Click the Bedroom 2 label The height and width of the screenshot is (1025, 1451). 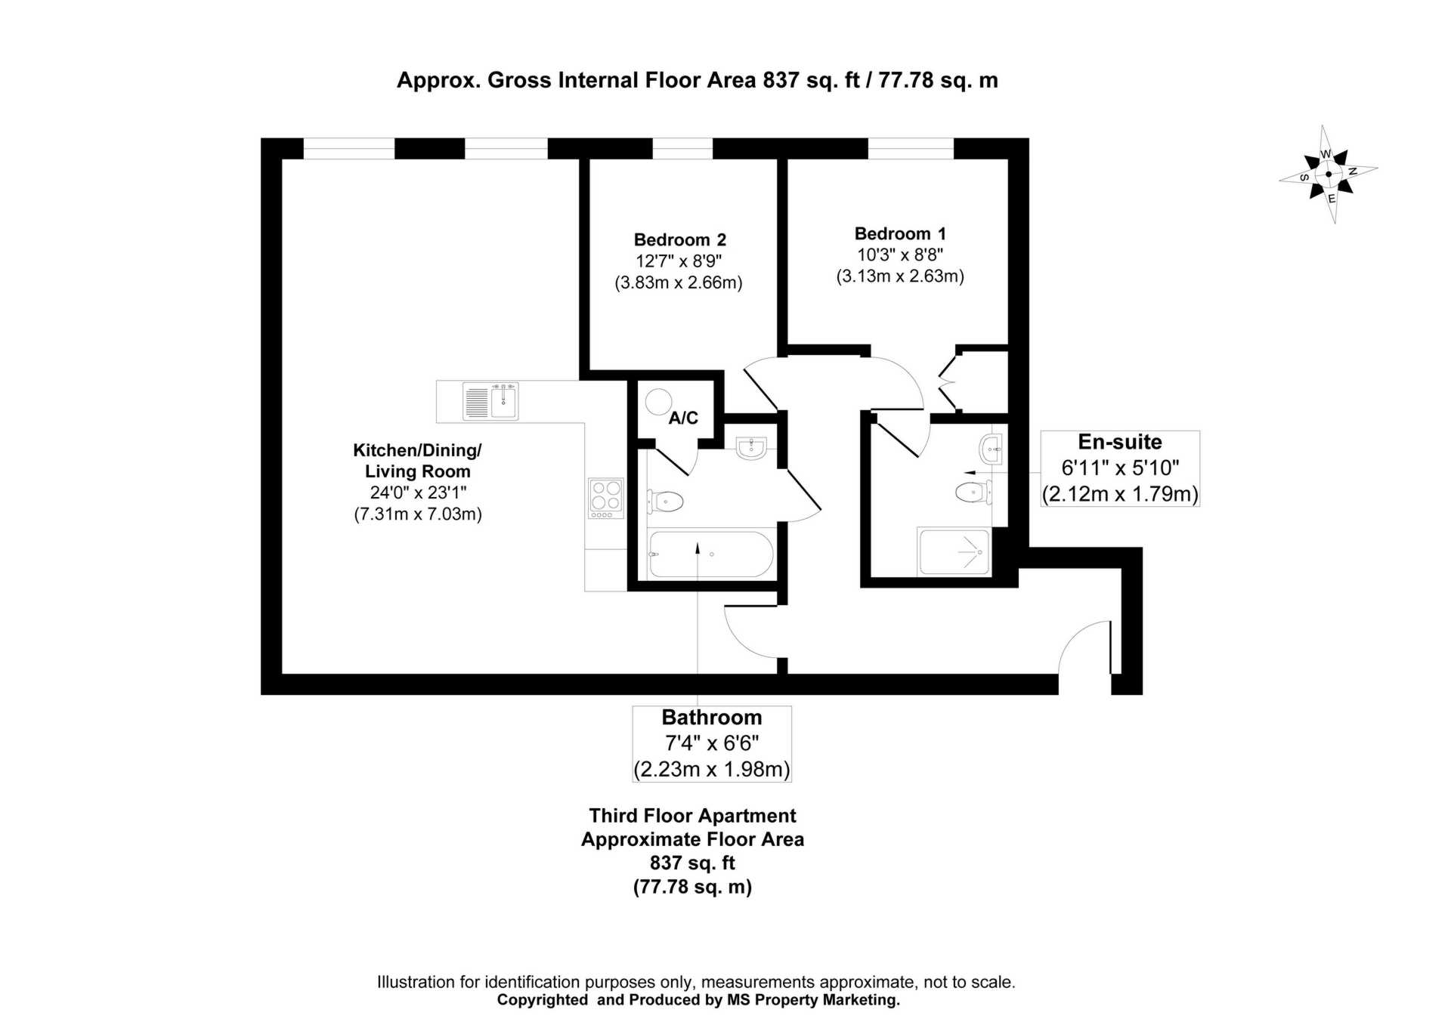680,240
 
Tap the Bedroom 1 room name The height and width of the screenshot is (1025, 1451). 900,234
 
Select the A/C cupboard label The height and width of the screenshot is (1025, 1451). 683,418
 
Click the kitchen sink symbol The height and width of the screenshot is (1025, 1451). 490,400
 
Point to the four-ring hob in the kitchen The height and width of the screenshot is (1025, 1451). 606,499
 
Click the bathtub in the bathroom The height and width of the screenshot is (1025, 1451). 710,554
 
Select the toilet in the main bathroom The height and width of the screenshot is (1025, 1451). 665,501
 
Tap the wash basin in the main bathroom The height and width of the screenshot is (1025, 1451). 751,448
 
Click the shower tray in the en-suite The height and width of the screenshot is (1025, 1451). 954,551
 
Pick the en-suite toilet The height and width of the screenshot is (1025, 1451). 973,492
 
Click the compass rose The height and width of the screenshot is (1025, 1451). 1329,174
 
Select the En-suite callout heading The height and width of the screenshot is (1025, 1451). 1120,442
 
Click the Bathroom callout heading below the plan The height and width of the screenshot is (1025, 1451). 712,718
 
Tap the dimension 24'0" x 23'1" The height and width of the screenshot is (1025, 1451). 418,493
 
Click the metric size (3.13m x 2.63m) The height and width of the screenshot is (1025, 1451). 900,276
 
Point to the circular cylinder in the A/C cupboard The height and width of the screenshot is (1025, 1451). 658,402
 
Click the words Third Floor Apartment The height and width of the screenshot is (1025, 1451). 692,816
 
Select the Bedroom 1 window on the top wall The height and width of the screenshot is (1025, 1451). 911,149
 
